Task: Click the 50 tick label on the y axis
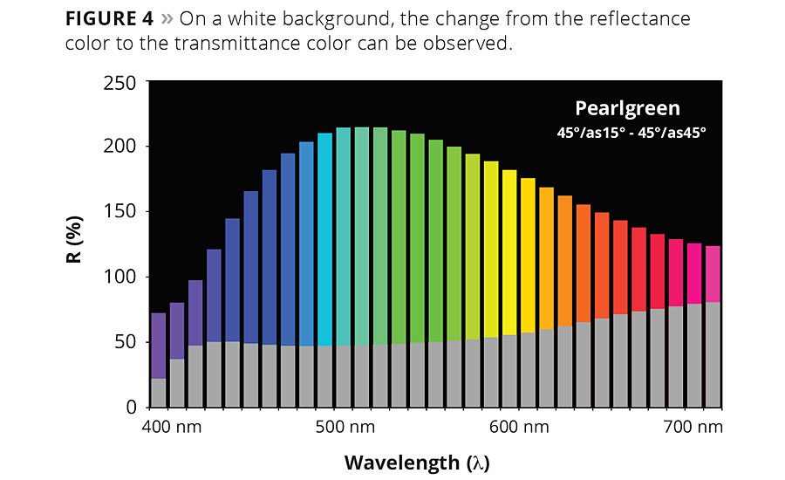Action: [126, 342]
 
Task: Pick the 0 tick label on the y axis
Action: [131, 408]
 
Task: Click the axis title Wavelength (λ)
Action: [423, 462]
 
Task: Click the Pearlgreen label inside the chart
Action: [627, 108]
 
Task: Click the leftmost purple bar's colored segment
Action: [158, 345]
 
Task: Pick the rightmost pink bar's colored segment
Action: [713, 274]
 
